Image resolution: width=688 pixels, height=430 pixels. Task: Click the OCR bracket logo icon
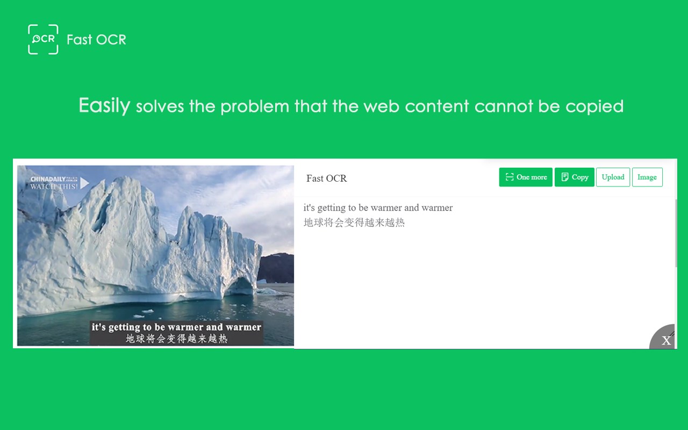pos(43,39)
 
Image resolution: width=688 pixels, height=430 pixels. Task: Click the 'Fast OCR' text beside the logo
pos(96,40)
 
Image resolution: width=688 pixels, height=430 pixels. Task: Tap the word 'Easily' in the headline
pos(104,105)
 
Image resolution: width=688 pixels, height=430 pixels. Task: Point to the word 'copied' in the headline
pos(594,107)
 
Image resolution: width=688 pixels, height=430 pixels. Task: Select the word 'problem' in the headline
pos(255,107)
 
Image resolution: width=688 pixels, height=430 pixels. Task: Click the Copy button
pos(575,177)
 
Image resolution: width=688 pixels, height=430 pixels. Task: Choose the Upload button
pos(613,177)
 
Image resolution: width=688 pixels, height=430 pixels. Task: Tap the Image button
pos(647,177)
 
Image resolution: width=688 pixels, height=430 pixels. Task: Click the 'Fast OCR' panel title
pos(326,178)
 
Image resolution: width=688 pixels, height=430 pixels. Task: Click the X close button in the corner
pos(666,340)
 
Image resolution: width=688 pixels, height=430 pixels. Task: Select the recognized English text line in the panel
pos(378,207)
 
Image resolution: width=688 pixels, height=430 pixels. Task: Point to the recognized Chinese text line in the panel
pos(354,223)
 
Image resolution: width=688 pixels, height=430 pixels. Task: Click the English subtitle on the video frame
pos(176,327)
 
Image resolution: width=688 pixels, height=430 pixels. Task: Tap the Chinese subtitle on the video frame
pos(177,339)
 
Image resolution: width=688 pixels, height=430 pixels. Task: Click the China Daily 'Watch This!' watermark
pos(54,183)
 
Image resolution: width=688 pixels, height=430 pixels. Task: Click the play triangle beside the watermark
pos(84,183)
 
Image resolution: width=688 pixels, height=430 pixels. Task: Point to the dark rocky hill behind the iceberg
pos(276,268)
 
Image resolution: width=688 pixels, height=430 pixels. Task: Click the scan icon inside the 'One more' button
pos(510,177)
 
